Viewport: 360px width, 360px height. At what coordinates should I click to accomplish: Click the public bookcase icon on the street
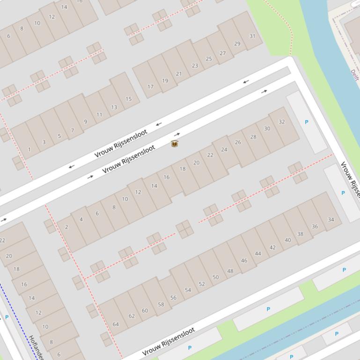coord(175,144)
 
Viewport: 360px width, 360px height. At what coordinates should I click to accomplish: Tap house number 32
coord(281,122)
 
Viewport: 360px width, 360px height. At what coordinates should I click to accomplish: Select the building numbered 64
coord(116,324)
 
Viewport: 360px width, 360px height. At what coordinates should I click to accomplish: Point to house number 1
coord(29,150)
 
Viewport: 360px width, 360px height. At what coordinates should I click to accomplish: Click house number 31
coord(252,36)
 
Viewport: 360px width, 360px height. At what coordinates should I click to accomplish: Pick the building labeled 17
coord(150,86)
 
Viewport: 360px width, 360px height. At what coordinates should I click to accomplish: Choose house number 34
coord(331,219)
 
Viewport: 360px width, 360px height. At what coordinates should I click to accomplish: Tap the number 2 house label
coord(66,227)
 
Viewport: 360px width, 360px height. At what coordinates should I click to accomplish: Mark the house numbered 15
coord(128,99)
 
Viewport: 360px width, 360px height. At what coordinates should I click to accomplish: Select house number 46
coord(244,260)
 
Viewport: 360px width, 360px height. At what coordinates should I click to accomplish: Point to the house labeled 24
coord(224,150)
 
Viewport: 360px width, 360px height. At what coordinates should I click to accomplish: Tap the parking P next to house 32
coord(307,122)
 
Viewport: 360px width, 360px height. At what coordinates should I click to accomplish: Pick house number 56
coord(173,297)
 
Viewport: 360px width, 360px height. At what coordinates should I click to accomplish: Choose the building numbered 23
coord(195,65)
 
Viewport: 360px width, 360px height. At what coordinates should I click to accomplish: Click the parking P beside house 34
coord(343,193)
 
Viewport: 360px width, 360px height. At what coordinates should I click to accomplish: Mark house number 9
coord(85,122)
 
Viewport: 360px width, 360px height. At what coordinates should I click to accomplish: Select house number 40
coord(287,240)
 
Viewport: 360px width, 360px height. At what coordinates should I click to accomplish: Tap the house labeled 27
coord(223,53)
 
